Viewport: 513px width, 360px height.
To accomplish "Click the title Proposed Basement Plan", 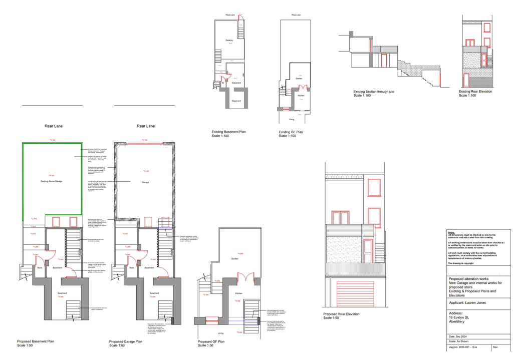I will pyautogui.click(x=36, y=341).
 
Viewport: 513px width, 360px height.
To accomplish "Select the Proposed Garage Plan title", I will pyautogui.click(x=127, y=341).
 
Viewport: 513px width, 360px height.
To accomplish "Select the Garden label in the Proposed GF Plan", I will pyautogui.click(x=234, y=259).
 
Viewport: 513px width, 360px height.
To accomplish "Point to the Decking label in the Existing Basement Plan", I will pyautogui.click(x=229, y=40).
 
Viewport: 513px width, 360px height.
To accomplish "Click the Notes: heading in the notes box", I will pyautogui.click(x=451, y=233).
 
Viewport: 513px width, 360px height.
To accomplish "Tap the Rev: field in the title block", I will pyautogui.click(x=496, y=346).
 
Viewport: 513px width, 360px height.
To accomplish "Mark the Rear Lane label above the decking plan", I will pyautogui.click(x=54, y=126).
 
